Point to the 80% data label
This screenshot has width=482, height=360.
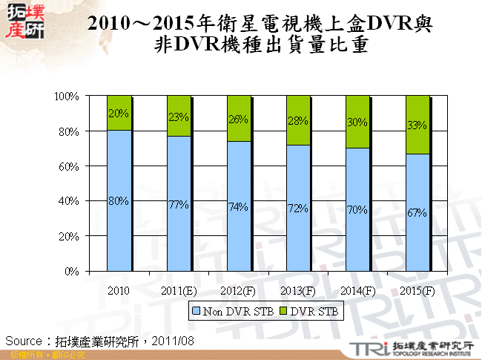pos(119,200)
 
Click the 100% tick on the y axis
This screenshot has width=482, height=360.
pos(69,96)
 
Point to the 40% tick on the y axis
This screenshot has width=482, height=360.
pos(71,201)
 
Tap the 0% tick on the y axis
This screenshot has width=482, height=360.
pos(74,272)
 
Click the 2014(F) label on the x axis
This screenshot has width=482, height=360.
pos(358,290)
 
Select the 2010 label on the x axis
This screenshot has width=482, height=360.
pos(119,290)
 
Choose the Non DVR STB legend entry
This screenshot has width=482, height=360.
pos(231,312)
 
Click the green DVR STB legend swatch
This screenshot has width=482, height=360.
pos(284,312)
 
